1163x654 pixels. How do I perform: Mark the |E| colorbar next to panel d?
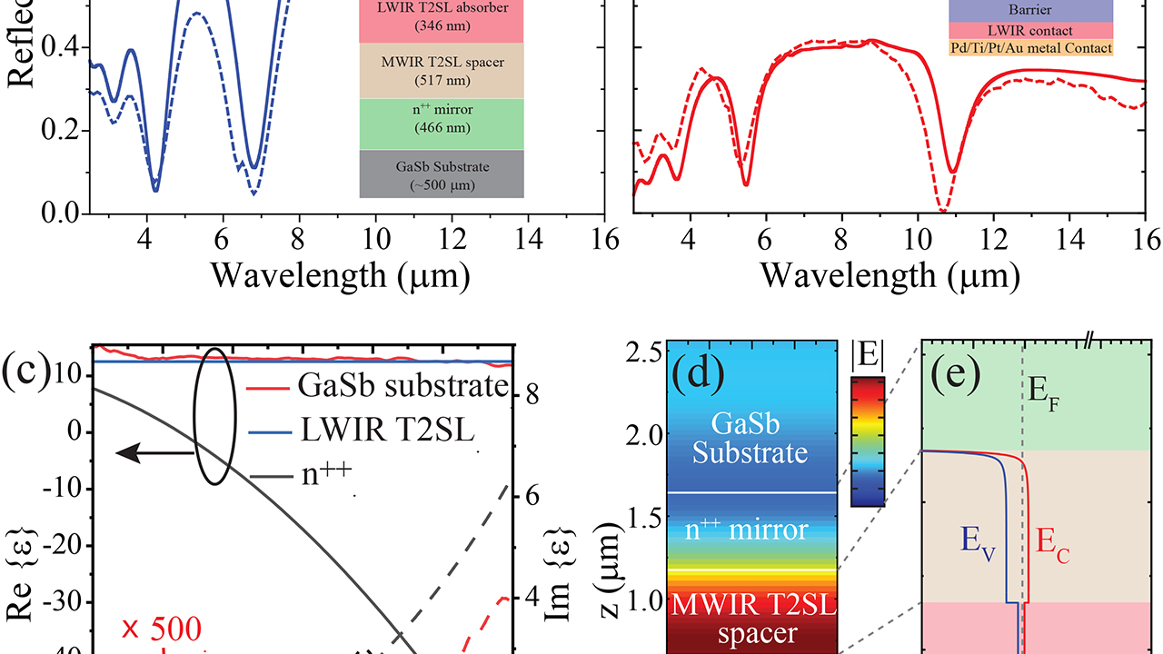(868, 441)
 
